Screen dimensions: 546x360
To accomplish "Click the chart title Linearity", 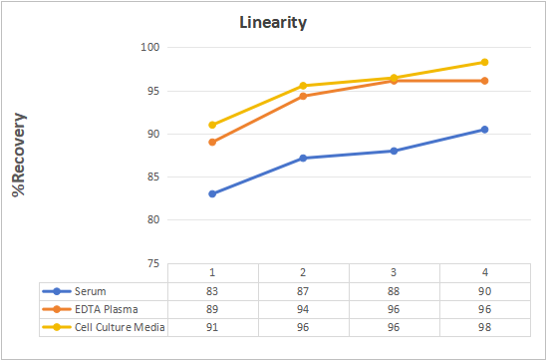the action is (x=273, y=23).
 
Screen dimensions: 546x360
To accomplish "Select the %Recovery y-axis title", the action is (x=19, y=155).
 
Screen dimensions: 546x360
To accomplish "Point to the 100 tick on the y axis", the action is (x=150, y=47).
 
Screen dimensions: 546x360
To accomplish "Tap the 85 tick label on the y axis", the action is (x=153, y=178).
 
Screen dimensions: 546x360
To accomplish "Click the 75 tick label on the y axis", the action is (x=153, y=263).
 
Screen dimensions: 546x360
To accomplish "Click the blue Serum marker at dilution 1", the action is (x=212, y=193).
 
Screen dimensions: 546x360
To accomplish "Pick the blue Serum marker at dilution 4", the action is (x=484, y=130).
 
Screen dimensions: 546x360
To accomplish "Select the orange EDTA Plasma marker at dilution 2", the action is (x=303, y=96).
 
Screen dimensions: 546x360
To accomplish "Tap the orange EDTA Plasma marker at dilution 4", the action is (x=484, y=81).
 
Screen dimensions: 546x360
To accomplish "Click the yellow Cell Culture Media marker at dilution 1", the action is (x=212, y=125).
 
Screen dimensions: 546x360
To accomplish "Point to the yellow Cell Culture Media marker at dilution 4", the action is (x=484, y=62).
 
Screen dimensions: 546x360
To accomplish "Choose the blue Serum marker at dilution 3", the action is (x=394, y=151).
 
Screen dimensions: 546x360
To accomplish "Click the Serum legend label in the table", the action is (x=91, y=291).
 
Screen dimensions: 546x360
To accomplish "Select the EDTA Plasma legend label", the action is (x=107, y=309).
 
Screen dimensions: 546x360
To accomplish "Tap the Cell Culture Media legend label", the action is (x=120, y=327).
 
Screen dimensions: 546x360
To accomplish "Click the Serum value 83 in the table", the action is (x=212, y=291).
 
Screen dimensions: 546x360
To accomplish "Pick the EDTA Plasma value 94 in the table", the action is (x=303, y=309).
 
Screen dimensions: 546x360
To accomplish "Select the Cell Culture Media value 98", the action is (x=484, y=327).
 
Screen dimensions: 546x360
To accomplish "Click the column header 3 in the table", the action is (x=394, y=272).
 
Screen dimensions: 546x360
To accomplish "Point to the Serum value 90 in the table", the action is (x=484, y=291).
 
